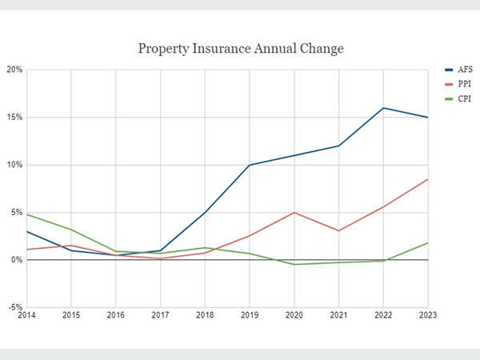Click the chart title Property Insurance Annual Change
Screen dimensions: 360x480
(240, 49)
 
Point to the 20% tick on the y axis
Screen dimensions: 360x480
(14, 70)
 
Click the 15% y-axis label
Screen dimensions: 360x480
(14, 118)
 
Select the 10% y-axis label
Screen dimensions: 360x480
(14, 165)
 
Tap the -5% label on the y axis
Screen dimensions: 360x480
(14, 307)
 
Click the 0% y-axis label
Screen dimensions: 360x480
(16, 260)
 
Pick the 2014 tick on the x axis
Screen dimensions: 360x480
(27, 316)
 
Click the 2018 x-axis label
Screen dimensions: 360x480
(205, 316)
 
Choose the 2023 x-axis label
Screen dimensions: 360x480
(427, 316)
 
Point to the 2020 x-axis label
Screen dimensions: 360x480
(294, 316)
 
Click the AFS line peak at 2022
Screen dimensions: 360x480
(383, 108)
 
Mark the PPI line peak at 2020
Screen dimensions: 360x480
(294, 213)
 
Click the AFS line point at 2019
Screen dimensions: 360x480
(250, 165)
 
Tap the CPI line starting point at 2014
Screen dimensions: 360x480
(27, 214)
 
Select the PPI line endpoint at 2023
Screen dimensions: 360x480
(427, 179)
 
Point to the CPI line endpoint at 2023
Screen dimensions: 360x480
(427, 243)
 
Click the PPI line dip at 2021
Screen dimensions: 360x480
(338, 230)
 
